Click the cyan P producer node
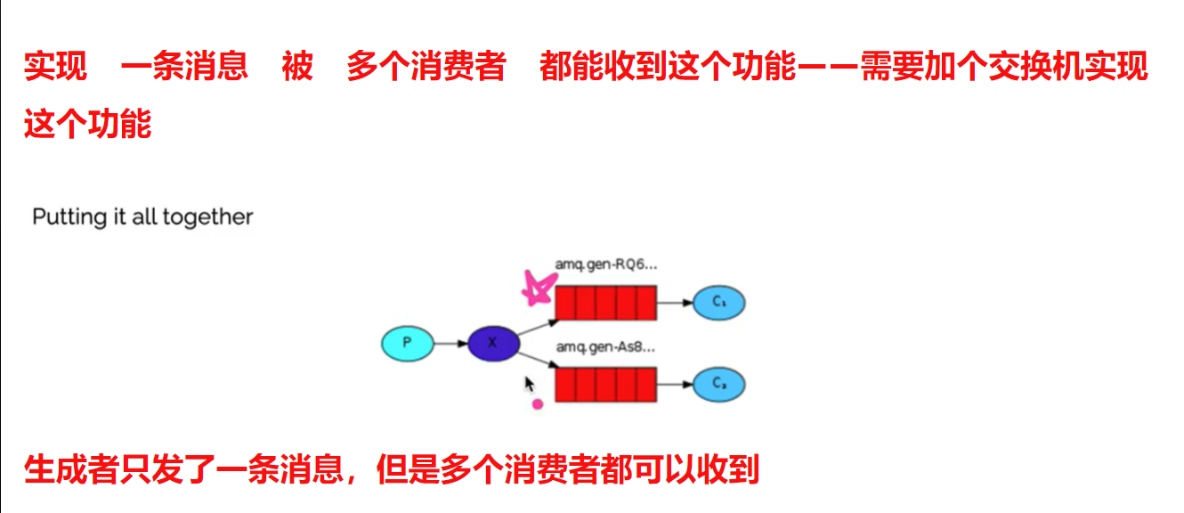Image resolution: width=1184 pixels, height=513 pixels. (407, 343)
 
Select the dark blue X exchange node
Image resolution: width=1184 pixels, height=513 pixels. (492, 343)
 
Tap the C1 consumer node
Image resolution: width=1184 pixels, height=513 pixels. (718, 303)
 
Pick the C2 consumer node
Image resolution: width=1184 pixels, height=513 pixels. (718, 385)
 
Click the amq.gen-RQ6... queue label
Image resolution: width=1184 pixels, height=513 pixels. (604, 265)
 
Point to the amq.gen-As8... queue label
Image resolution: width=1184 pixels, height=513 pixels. (604, 346)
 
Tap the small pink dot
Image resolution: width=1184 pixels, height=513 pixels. (537, 404)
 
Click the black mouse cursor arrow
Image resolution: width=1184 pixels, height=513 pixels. (529, 384)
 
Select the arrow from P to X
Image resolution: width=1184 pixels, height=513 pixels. (450, 343)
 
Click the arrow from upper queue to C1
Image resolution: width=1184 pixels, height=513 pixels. (675, 303)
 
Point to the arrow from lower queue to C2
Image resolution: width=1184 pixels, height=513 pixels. (675, 385)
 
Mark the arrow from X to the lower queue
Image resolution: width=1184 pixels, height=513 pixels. (537, 360)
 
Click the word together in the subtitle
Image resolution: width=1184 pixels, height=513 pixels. (208, 217)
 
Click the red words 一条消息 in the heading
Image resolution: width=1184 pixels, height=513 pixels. (183, 67)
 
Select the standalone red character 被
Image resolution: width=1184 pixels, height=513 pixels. (297, 67)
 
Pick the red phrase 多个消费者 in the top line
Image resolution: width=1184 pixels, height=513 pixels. (426, 67)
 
